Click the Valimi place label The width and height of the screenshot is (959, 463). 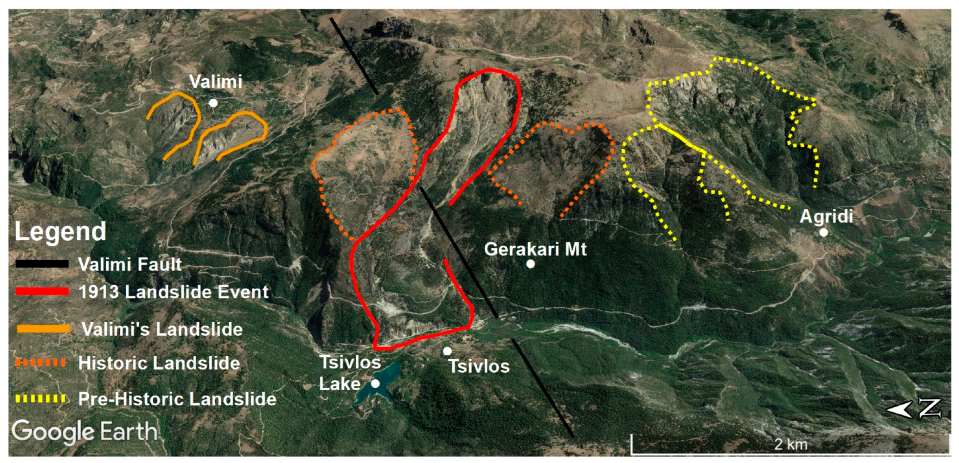point(215,82)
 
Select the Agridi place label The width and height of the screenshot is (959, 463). point(826,216)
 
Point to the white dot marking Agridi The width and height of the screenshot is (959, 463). point(824,232)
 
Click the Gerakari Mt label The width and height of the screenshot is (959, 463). point(535,249)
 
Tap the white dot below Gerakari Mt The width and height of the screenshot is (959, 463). point(530,264)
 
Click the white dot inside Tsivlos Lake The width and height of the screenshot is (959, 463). point(376,383)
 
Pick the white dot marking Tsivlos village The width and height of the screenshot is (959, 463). point(447,351)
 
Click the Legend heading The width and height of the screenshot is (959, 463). point(60,231)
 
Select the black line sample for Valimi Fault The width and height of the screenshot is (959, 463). point(42,264)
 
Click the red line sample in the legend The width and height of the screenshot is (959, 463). point(42,292)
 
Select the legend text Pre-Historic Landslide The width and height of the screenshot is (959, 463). point(177,399)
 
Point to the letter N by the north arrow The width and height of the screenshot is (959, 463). point(930,409)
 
